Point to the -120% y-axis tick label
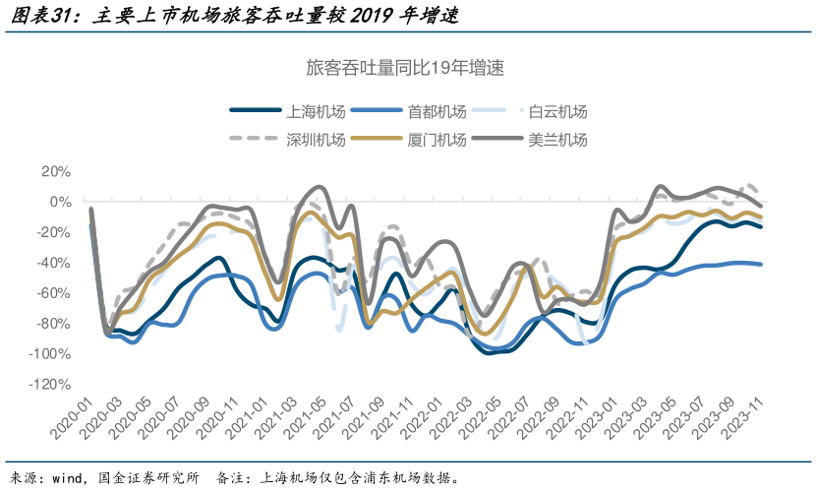point(50,385)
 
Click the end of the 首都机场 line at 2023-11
point(761,264)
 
